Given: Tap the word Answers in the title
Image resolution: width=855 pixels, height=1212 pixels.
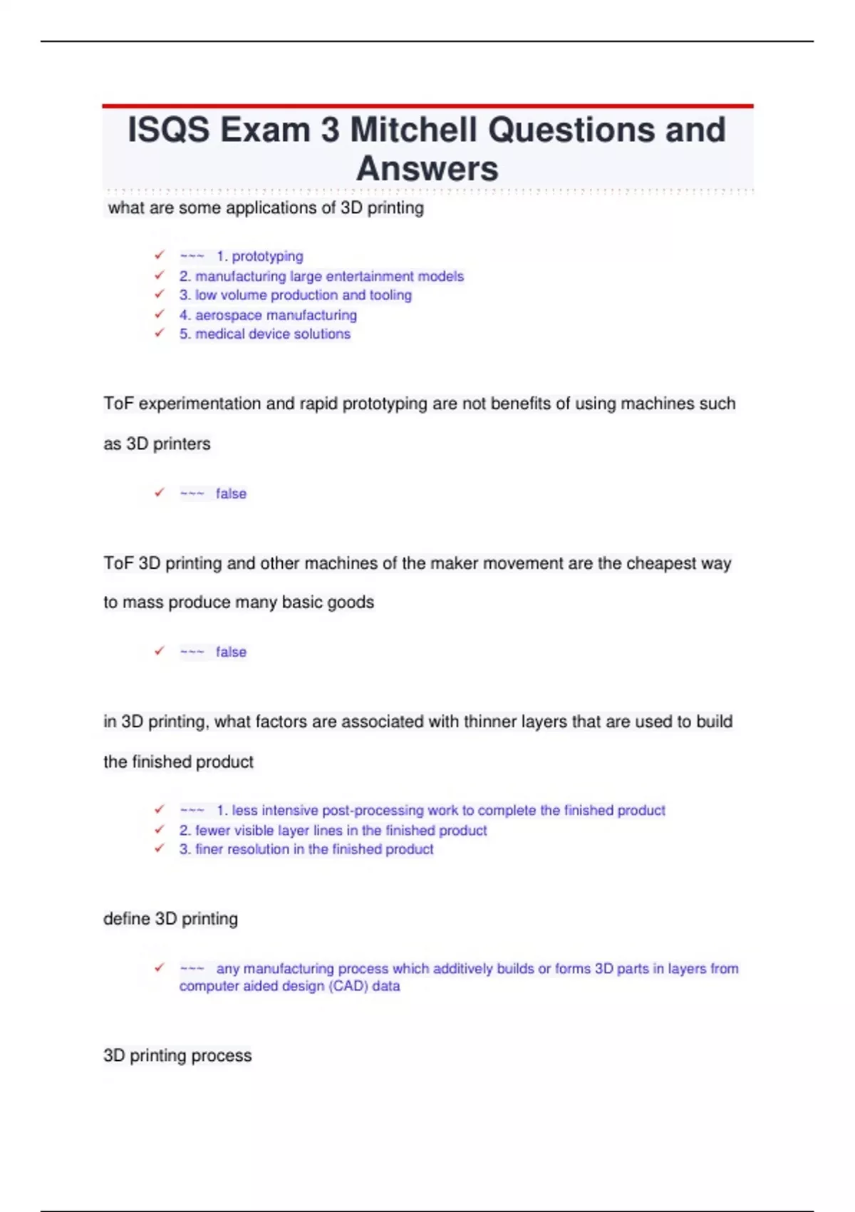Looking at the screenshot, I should click(427, 169).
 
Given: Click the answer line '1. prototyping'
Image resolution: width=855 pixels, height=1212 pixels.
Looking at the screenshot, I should click(259, 256).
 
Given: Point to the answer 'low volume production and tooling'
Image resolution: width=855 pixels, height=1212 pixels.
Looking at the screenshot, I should click(303, 295).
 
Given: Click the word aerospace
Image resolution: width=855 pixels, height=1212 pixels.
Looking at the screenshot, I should click(228, 315).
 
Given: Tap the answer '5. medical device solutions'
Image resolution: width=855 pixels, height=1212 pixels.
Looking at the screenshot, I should click(265, 334).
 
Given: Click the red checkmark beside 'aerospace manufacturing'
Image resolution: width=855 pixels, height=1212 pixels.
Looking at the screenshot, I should click(160, 314).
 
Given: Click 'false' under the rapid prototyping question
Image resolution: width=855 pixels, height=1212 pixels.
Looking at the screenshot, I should click(231, 493).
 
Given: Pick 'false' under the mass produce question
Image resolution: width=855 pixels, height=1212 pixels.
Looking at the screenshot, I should click(231, 652).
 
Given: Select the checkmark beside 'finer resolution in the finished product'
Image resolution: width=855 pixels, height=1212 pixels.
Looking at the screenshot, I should click(160, 848).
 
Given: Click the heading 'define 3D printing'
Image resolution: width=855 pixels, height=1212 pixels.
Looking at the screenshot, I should click(170, 918).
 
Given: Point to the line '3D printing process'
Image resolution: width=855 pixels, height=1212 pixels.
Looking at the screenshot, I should click(177, 1055).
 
